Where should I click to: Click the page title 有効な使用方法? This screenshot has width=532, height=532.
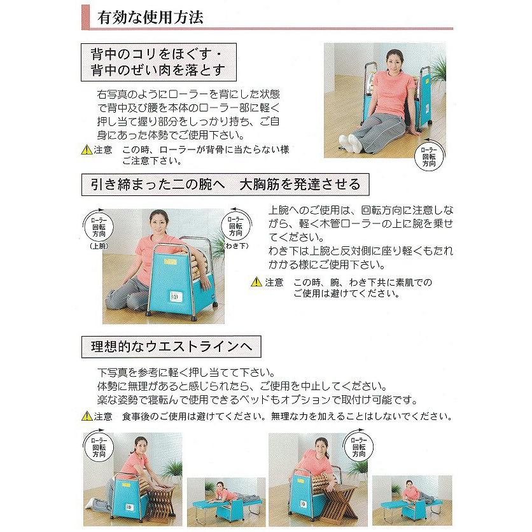tap(150, 17)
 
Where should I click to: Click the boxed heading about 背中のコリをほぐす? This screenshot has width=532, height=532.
tap(158, 62)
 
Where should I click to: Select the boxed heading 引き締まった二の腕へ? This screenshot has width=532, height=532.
tap(225, 185)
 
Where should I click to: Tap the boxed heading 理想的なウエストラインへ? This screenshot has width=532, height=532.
tap(171, 346)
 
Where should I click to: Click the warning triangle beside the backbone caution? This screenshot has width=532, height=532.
tap(87, 150)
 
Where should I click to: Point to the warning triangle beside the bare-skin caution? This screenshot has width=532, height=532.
tap(256, 282)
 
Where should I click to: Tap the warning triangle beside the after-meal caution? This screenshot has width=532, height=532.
tap(87, 416)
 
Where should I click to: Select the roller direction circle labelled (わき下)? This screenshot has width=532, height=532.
tap(236, 225)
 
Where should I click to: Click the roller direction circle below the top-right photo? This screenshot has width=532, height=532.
tap(429, 156)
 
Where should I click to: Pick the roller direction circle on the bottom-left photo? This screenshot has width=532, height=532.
tap(99, 447)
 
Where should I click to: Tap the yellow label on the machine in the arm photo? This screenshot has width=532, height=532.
tap(169, 262)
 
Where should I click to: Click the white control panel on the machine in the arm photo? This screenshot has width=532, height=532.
tap(176, 297)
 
